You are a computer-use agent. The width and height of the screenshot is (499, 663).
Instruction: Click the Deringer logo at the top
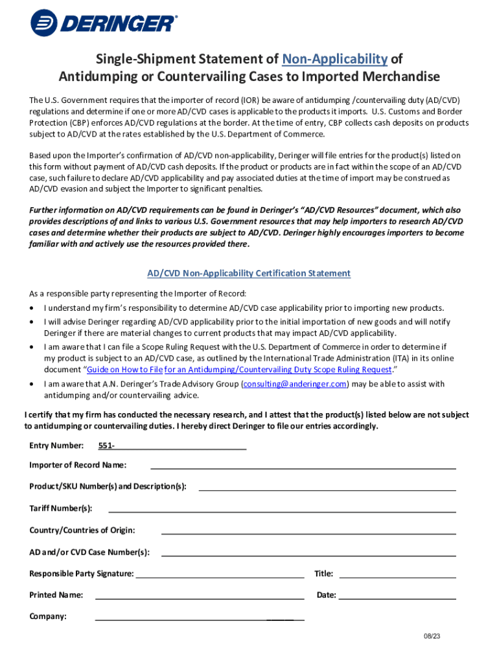pyautogui.click(x=103, y=24)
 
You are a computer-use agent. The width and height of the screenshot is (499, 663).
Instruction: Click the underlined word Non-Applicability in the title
pyautogui.click(x=334, y=59)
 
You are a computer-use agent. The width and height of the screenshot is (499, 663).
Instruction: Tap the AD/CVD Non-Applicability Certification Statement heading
pyautogui.click(x=249, y=273)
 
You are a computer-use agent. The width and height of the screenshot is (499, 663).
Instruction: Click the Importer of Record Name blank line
pyautogui.click(x=303, y=465)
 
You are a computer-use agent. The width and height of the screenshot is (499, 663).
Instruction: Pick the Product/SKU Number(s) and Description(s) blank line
pyautogui.click(x=327, y=487)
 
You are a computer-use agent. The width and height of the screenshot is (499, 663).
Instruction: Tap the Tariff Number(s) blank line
pyautogui.click(x=282, y=509)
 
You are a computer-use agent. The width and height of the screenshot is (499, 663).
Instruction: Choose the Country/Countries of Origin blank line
pyautogui.click(x=308, y=530)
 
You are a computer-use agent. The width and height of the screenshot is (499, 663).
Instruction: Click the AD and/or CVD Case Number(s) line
pyautogui.click(x=308, y=552)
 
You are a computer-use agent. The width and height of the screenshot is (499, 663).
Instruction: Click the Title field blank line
pyautogui.click(x=397, y=574)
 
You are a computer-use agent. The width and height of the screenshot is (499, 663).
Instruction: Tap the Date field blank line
pyautogui.click(x=397, y=595)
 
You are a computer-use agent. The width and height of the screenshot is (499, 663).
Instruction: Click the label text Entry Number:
pyautogui.click(x=56, y=445)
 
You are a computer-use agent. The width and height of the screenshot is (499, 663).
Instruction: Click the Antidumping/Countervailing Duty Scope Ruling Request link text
pyautogui.click(x=278, y=370)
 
